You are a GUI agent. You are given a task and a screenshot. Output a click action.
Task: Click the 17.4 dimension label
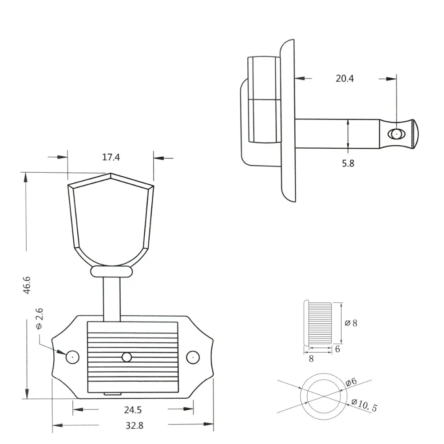[111, 157]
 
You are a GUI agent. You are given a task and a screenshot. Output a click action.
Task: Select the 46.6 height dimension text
[27, 285]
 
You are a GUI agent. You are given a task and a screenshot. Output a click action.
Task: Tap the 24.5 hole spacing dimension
[132, 410]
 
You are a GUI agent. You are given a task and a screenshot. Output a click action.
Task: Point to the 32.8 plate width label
[135, 425]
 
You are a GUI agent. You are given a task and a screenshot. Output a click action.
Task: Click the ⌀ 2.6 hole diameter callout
[40, 319]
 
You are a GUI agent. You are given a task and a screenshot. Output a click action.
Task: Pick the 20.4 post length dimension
[345, 79]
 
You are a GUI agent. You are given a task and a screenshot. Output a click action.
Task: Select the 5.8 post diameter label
[348, 163]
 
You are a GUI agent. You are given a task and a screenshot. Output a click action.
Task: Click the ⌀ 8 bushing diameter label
[351, 323]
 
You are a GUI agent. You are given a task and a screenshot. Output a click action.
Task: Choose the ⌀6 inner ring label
[351, 382]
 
